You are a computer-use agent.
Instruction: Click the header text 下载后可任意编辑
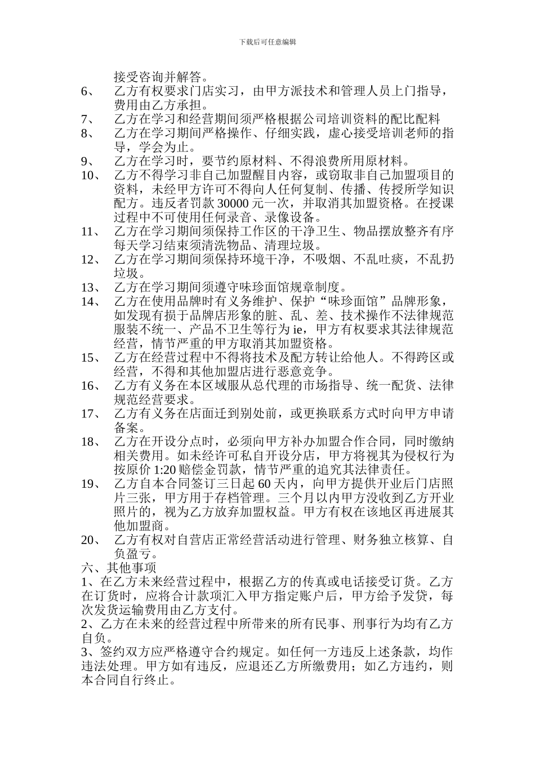point(267,42)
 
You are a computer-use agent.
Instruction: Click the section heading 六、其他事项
point(119,568)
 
